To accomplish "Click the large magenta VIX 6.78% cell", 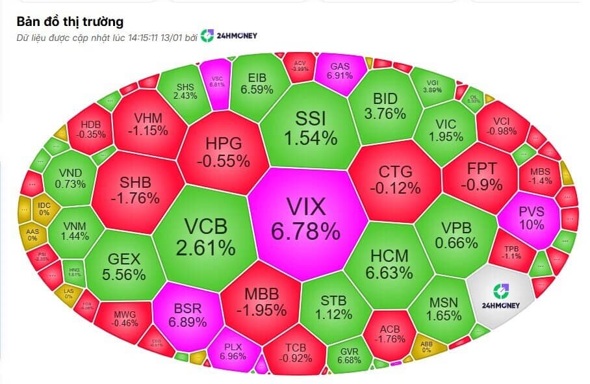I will [305, 218].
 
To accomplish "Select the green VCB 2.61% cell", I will [205, 235].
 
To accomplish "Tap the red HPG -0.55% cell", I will [223, 151].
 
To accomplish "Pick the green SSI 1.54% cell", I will [311, 127].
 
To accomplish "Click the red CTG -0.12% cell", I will [395, 179].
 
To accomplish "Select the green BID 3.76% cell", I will [389, 106].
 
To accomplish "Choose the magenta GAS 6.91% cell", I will [340, 71].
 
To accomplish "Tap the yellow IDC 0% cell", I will [45, 208].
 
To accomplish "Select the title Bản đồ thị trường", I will [70, 22].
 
